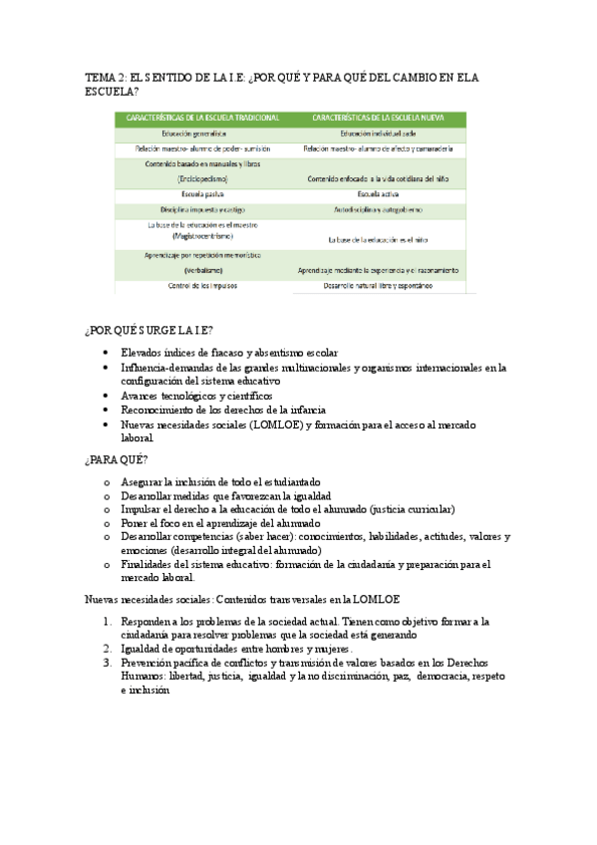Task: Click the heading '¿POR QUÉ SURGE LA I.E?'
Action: (x=150, y=331)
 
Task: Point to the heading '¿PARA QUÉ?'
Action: (x=117, y=459)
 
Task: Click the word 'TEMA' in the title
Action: (x=100, y=77)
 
